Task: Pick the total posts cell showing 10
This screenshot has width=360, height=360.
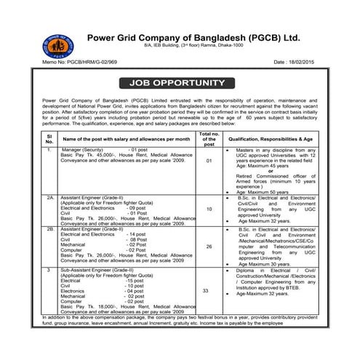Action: click(x=209, y=209)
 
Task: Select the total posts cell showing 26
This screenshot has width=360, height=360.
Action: click(x=209, y=247)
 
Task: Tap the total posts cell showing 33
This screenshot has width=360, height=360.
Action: click(x=209, y=291)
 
